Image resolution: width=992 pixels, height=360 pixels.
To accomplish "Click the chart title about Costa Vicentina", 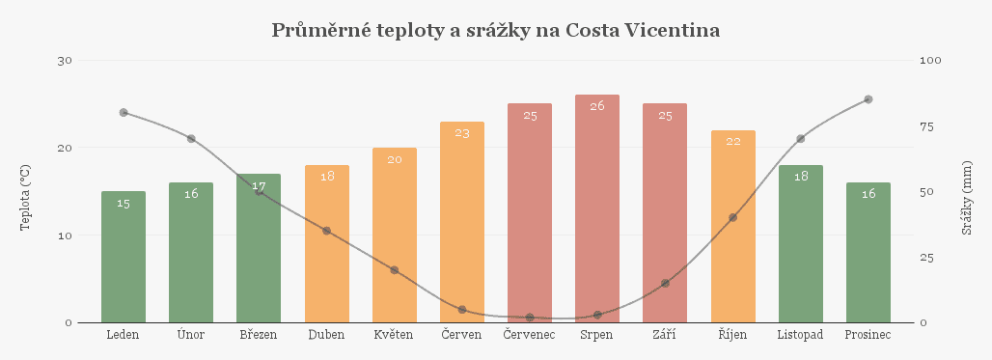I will tap(496, 31).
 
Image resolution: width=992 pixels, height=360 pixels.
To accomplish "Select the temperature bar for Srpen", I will tap(597, 212).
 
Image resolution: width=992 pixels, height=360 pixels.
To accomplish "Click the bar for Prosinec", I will tap(868, 253).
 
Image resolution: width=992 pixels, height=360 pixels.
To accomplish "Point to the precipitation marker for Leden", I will tap(124, 113).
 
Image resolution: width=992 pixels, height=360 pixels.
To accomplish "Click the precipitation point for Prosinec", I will tap(868, 99).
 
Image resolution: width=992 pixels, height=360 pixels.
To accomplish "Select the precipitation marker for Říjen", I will tap(732, 217).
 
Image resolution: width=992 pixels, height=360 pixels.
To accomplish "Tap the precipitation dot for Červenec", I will tap(530, 318).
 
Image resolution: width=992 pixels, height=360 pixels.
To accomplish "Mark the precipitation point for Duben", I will tap(326, 231).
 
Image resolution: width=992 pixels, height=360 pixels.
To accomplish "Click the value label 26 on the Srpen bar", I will tap(597, 106).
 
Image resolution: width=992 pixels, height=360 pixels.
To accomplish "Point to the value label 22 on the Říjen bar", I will tap(732, 141).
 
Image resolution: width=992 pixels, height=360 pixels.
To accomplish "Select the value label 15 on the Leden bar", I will tap(124, 203).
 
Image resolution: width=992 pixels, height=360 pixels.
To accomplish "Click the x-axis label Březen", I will tap(259, 335).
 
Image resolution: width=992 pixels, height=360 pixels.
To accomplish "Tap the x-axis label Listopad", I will tap(800, 335).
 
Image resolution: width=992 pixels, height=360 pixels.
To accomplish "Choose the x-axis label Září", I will tap(665, 335).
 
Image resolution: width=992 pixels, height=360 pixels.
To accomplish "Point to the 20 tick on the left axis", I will tap(66, 148).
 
